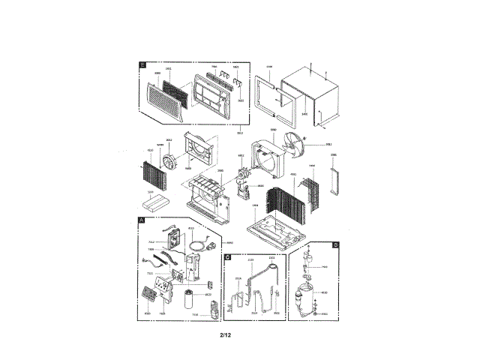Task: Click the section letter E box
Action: (142, 65)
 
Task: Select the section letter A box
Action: (142, 219)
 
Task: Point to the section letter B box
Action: (335, 245)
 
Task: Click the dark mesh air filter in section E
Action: (178, 89)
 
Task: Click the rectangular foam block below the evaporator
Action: (157, 204)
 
